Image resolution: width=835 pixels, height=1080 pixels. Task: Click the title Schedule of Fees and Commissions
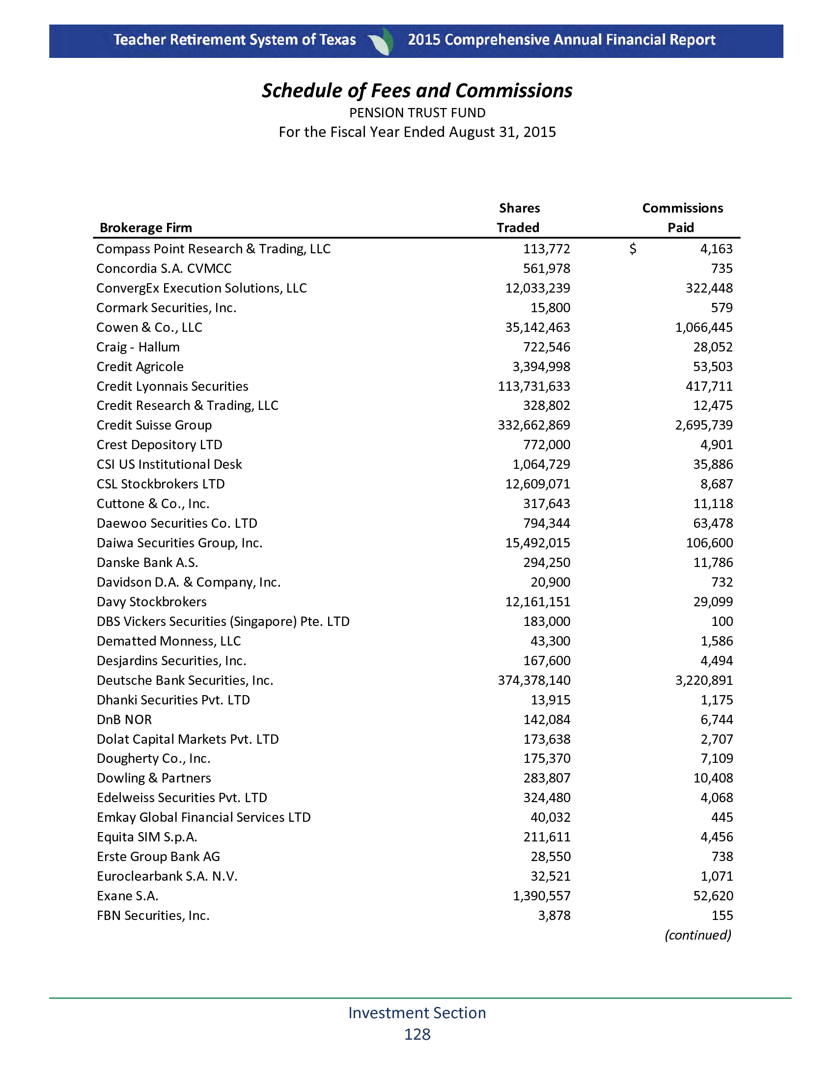pyautogui.click(x=417, y=91)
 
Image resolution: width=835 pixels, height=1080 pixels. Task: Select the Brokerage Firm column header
pyautogui.click(x=145, y=228)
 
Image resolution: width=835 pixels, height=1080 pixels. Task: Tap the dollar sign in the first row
pyautogui.click(x=633, y=249)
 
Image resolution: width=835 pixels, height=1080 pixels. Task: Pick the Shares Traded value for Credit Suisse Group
pyautogui.click(x=534, y=425)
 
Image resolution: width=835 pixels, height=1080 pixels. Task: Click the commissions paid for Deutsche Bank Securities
pyautogui.click(x=704, y=680)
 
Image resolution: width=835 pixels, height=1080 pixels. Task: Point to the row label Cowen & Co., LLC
pyautogui.click(x=149, y=327)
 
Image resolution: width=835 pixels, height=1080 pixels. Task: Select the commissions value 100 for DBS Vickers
pyautogui.click(x=722, y=621)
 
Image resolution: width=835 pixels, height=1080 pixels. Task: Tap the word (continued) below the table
pyautogui.click(x=697, y=935)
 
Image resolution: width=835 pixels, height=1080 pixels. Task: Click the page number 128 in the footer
pyautogui.click(x=417, y=1034)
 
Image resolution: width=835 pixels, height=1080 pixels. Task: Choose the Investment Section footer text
pyautogui.click(x=417, y=1013)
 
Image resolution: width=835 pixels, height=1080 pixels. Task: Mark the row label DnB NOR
pyautogui.click(x=124, y=720)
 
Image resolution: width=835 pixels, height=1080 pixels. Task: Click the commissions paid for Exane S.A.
pyautogui.click(x=713, y=896)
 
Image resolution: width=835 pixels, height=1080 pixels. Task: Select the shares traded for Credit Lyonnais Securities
pyautogui.click(x=534, y=386)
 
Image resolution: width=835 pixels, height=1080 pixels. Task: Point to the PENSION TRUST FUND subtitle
pyautogui.click(x=417, y=113)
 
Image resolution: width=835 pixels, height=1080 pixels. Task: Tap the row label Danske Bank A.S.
pyautogui.click(x=147, y=563)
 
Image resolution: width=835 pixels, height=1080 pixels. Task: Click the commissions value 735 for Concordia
pyautogui.click(x=722, y=269)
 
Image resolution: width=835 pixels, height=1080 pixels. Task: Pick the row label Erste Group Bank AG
pyautogui.click(x=158, y=857)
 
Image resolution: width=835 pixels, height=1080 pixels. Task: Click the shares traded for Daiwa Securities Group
pyautogui.click(x=537, y=543)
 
